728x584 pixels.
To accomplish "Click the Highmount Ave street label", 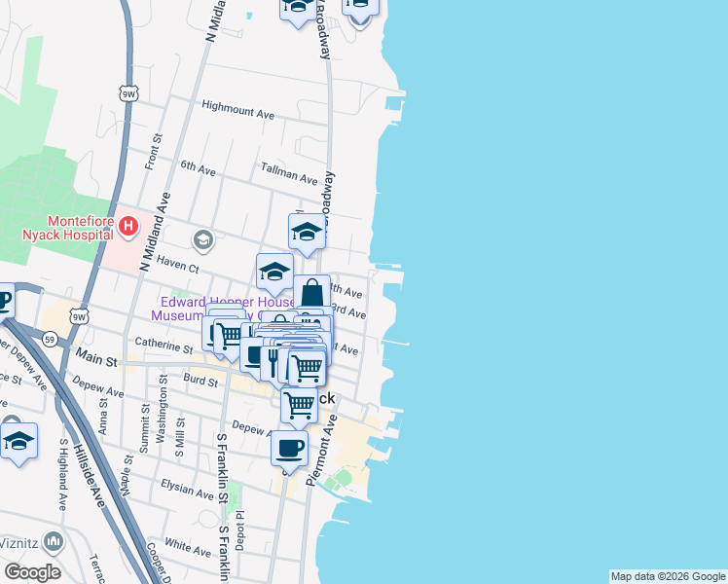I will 237,110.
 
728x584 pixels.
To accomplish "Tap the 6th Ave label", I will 198,169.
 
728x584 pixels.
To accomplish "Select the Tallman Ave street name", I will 289,176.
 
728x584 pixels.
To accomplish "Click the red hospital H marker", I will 128,227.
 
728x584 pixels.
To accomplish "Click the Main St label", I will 97,361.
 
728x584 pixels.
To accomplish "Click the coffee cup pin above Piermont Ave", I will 289,449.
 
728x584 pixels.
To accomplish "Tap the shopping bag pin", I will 311,292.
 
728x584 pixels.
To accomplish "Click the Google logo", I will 33,572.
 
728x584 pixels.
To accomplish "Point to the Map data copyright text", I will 668,576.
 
